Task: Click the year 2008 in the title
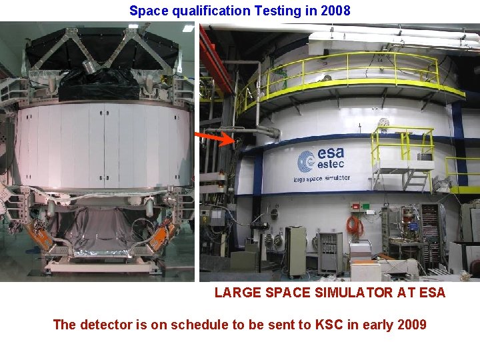[336, 11]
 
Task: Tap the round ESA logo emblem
[306, 161]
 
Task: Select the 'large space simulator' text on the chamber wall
[321, 178]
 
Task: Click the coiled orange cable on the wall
[355, 224]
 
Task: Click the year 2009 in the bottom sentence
[411, 325]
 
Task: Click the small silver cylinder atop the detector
[87, 65]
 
